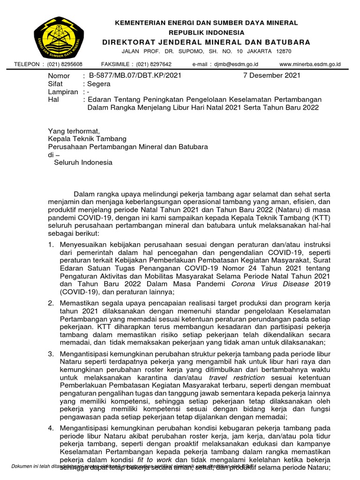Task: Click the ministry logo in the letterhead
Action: coord(59,37)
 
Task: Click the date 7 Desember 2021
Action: coord(272,75)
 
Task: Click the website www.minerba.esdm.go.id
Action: coord(310,64)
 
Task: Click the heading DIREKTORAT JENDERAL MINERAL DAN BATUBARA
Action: coord(206,42)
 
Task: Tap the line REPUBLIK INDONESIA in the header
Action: coord(206,32)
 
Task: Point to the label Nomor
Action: coord(59,75)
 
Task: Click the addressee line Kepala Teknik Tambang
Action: coord(87,139)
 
